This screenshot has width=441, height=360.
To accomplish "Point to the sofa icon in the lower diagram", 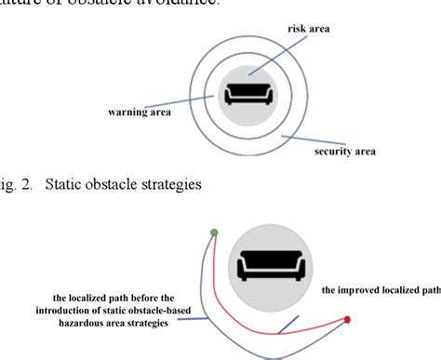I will click(269, 265).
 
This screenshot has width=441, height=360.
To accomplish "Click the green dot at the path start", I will click(215, 233).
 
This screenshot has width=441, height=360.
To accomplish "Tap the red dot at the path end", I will click(348, 320).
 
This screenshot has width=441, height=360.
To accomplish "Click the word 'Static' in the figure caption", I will click(62, 184).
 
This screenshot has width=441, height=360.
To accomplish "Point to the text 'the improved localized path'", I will click(381, 290).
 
